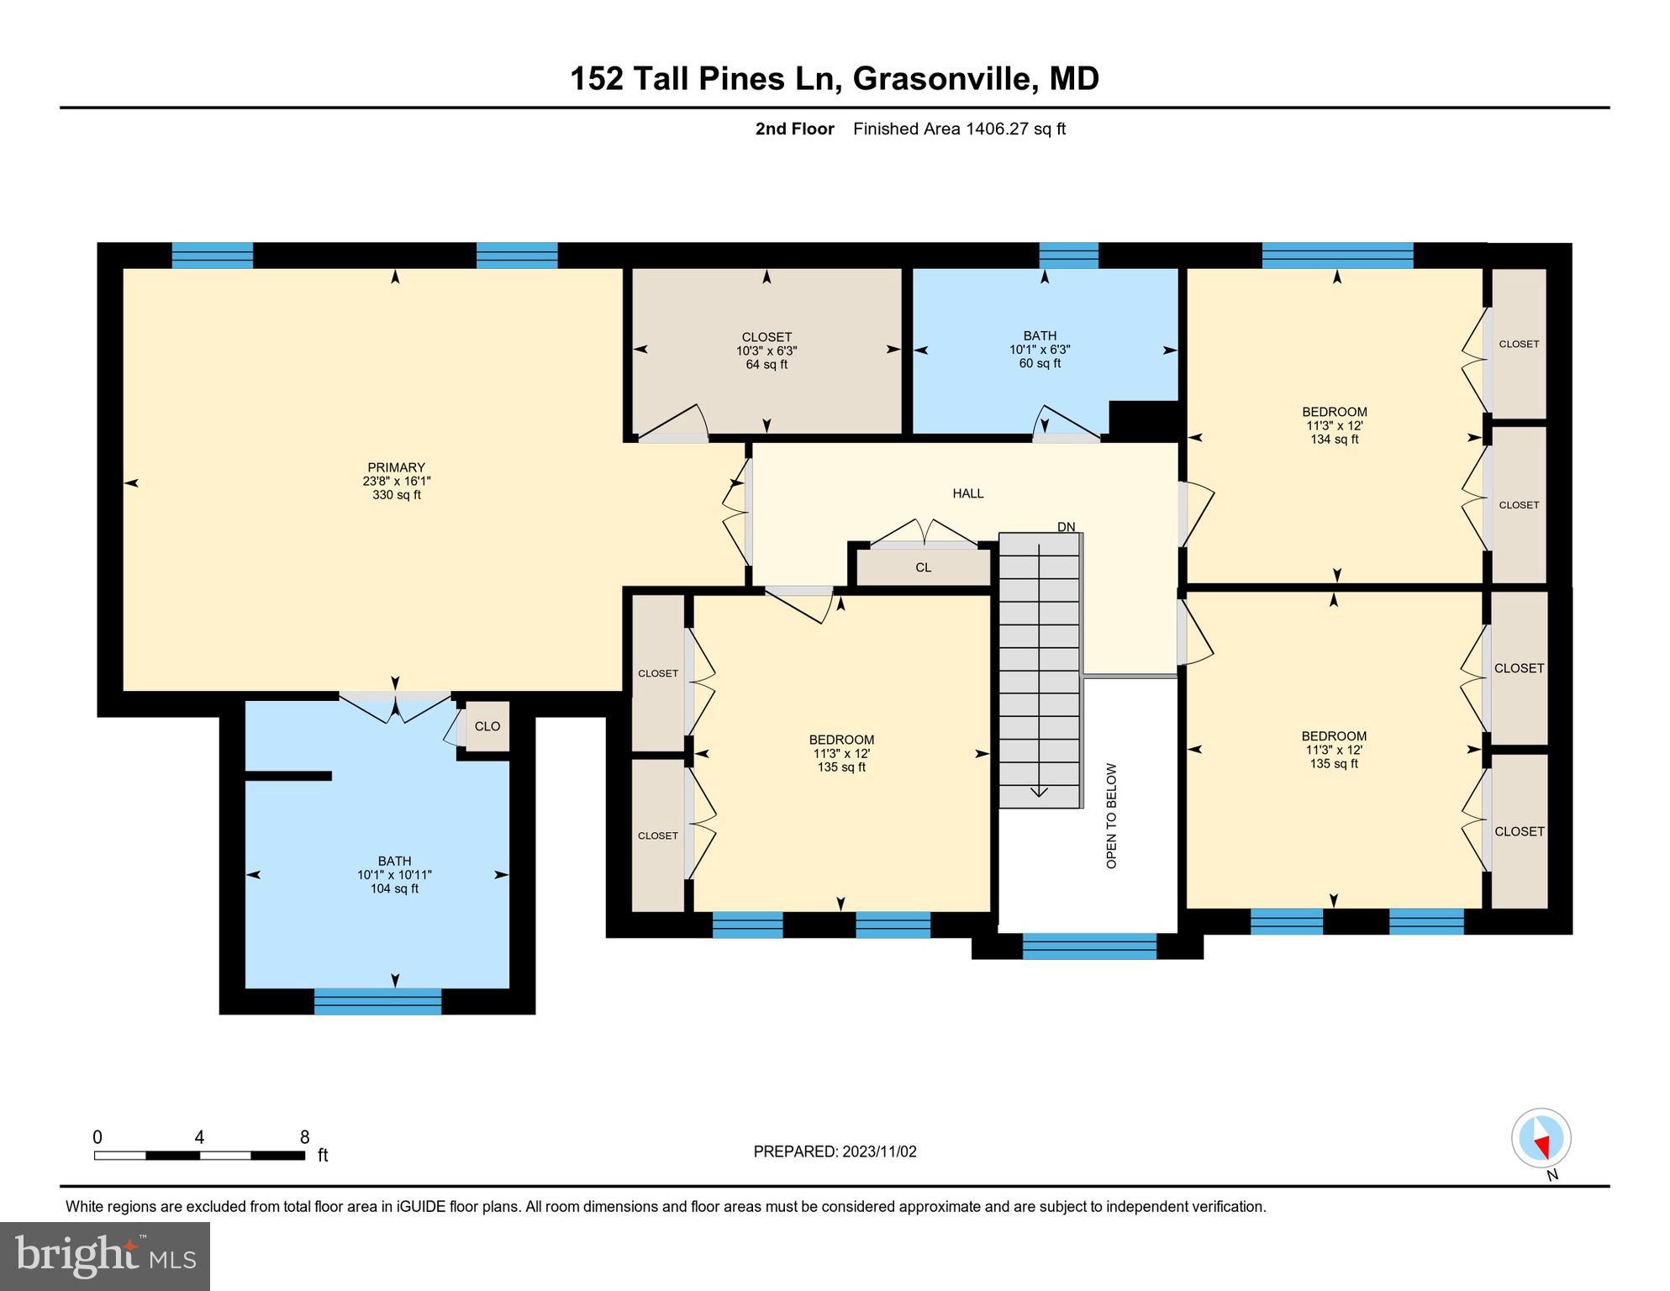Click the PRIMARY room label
pos(396,468)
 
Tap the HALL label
pos(967,493)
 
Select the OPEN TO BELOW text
pos(1111,815)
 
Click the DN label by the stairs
pos(1066,527)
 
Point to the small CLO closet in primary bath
pos(487,726)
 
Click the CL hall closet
pos(923,567)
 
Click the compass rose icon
pos(1541,1138)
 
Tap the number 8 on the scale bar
pos(305,1137)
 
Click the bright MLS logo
pos(105,1256)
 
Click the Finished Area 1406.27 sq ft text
pos(959,129)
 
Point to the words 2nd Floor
pos(794,129)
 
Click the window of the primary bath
pos(377,1001)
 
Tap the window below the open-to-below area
pos(1089,946)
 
